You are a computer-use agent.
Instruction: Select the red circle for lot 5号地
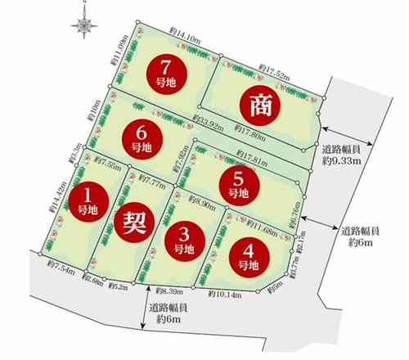click(x=237, y=184)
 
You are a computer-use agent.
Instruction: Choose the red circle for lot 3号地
click(x=186, y=239)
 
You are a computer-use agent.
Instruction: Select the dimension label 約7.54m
click(x=62, y=264)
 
